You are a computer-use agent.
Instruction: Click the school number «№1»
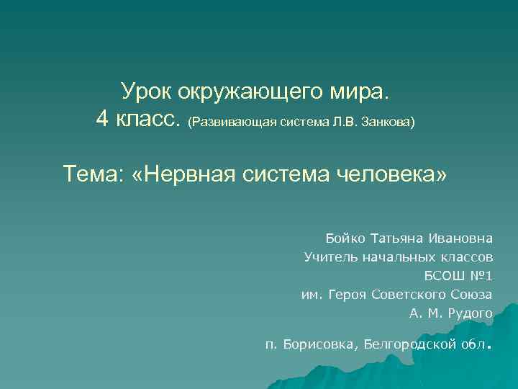480,275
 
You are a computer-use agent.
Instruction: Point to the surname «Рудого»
471,313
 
